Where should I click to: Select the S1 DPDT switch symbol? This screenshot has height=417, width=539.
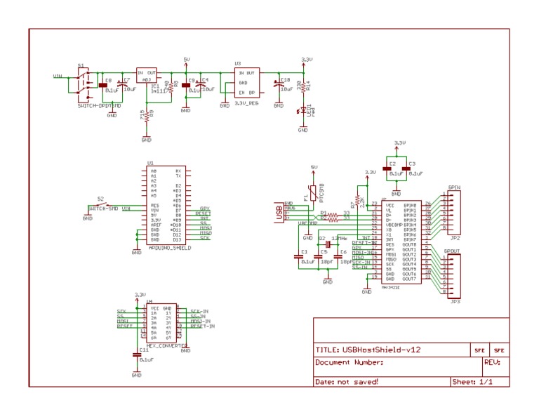tap(85, 85)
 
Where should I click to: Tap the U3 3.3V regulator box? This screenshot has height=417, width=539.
tap(246, 83)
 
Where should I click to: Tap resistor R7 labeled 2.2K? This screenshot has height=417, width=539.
tap(358, 201)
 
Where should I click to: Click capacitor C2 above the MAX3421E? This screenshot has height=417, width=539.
tap(387, 168)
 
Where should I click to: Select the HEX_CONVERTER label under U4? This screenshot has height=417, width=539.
tap(166, 345)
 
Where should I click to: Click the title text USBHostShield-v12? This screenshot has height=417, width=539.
tap(368, 350)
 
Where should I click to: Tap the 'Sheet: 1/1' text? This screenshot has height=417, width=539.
tap(472, 382)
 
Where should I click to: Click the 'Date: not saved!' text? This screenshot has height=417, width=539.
tap(347, 382)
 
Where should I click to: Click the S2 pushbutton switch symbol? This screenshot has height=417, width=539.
tap(103, 205)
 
